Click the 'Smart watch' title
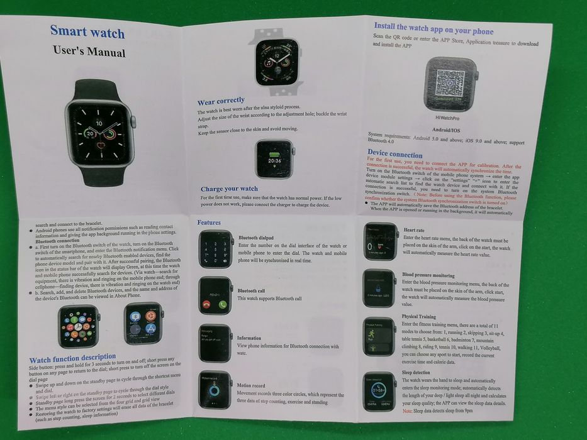click(x=87, y=31)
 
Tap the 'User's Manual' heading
click(x=89, y=52)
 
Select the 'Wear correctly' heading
click(x=221, y=101)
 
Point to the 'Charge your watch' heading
click(x=229, y=189)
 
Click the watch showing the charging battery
click(x=275, y=158)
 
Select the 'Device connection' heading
click(x=395, y=153)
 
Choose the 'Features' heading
click(x=209, y=223)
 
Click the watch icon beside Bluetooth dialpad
click(x=216, y=249)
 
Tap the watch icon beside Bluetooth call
click(x=215, y=295)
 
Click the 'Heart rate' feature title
click(x=414, y=231)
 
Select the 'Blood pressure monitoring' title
click(x=428, y=275)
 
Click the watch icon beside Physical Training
click(x=379, y=335)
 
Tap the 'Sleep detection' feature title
click(x=417, y=373)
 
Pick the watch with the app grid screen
click(x=79, y=326)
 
